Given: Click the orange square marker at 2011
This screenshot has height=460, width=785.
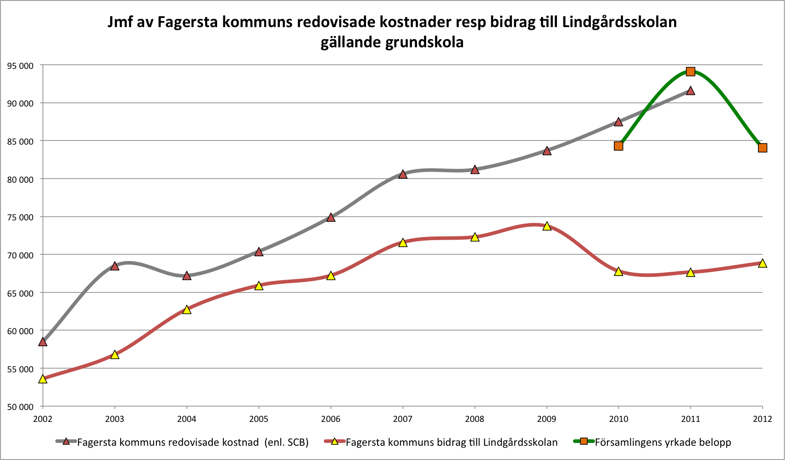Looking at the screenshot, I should [690, 71].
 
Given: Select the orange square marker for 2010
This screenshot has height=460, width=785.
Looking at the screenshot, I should [618, 146].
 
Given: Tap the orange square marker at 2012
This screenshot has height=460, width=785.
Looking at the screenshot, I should [763, 148].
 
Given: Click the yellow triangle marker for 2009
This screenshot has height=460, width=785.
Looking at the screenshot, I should [546, 226].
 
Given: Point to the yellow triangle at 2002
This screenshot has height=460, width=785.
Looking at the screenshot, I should [43, 379].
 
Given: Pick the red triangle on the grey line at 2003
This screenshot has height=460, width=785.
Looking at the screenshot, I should [115, 266].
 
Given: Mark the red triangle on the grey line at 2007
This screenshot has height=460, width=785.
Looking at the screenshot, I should [403, 174].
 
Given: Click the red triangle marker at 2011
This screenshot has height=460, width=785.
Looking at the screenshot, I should [690, 90].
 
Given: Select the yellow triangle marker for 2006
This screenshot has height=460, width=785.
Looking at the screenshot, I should [331, 275].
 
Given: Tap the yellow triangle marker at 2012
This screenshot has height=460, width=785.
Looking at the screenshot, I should [763, 263].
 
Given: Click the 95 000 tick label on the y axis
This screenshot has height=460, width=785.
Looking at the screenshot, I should [20, 66].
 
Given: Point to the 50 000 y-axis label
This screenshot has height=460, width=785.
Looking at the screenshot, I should [20, 407].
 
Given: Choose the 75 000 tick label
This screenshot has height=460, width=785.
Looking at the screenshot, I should [20, 217].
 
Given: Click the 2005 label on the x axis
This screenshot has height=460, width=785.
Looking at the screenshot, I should [259, 419].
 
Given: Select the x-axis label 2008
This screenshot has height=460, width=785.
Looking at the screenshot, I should [474, 419].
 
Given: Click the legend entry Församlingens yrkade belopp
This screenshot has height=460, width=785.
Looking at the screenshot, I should [663, 442].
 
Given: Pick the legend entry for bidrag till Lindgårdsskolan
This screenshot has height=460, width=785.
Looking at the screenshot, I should [451, 442].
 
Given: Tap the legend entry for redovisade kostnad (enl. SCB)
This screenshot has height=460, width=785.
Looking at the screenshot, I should [193, 442].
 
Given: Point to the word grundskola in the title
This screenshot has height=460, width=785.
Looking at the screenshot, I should [424, 42].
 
